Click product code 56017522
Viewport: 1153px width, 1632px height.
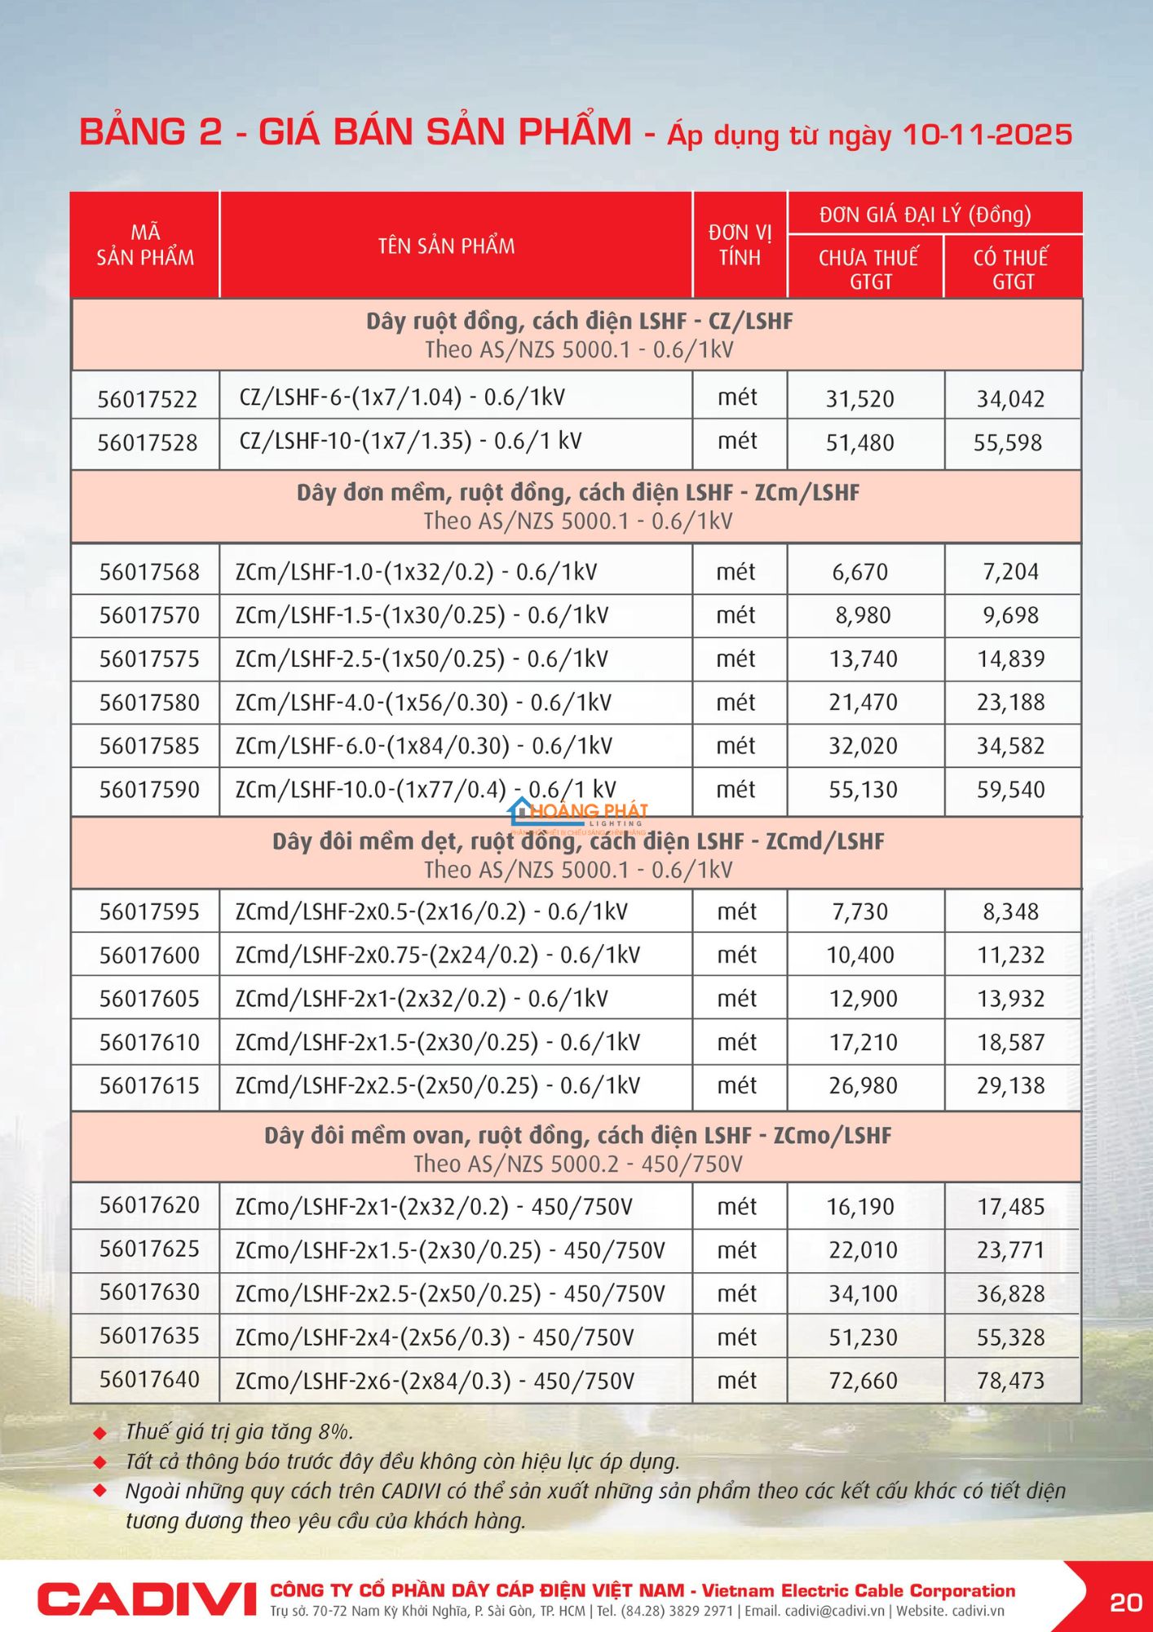(148, 399)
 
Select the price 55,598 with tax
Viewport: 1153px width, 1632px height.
(1008, 443)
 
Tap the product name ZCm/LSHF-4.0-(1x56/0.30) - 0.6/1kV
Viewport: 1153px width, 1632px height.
(423, 703)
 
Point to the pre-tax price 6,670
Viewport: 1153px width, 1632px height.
(860, 572)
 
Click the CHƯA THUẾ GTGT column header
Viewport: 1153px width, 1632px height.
(868, 269)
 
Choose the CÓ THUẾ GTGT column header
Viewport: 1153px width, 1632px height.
(1011, 269)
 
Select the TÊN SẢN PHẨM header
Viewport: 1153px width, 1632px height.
(446, 246)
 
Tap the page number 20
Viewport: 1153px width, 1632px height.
(1125, 1603)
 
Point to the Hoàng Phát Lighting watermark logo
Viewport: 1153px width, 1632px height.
(579, 813)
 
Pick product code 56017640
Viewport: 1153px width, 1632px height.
(149, 1379)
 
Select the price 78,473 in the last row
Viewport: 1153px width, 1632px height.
(1011, 1381)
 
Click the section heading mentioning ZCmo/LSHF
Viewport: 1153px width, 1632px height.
(577, 1136)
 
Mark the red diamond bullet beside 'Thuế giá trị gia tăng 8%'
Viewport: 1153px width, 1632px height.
(100, 1433)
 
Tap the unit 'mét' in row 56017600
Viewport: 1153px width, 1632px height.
(737, 955)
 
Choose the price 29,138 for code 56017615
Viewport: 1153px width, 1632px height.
(1011, 1086)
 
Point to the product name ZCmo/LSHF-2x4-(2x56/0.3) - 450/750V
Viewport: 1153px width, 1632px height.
(435, 1337)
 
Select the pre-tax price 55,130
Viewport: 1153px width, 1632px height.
(864, 790)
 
